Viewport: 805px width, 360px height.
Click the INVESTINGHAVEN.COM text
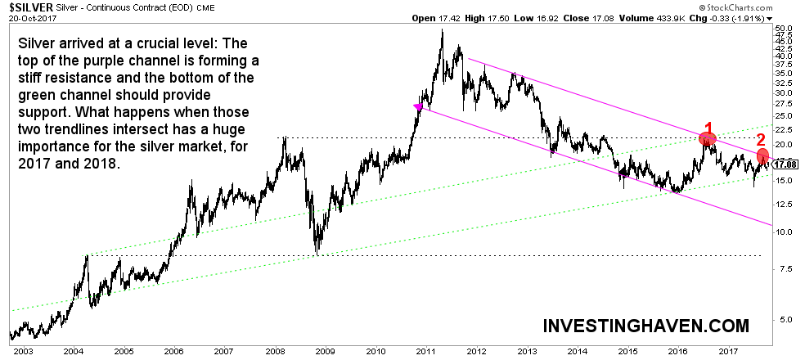646,326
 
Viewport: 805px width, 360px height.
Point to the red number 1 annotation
709,128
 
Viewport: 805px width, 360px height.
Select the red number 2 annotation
759,139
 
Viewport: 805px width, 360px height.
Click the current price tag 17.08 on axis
785,164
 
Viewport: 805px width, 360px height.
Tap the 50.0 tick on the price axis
784,28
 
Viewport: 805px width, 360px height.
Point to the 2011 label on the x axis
425,350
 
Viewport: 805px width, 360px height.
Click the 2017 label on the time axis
729,350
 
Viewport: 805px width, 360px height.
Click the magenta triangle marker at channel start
418,107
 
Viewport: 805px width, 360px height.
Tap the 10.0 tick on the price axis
784,232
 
